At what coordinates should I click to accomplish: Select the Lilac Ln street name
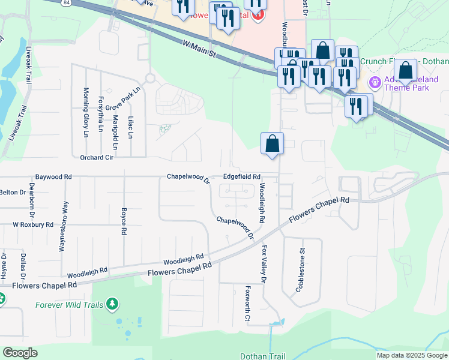[x=130, y=127]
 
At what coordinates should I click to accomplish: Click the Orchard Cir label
[x=97, y=158]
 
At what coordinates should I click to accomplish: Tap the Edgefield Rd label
[x=241, y=177]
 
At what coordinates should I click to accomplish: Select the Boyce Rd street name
[x=123, y=221]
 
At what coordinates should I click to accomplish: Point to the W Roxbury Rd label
[x=33, y=224]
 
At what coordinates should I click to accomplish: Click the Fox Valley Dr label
[x=263, y=263]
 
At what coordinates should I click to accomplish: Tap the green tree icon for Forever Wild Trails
[x=111, y=304]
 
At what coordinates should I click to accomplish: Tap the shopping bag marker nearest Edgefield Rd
[x=272, y=144]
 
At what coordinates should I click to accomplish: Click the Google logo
[x=20, y=353]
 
